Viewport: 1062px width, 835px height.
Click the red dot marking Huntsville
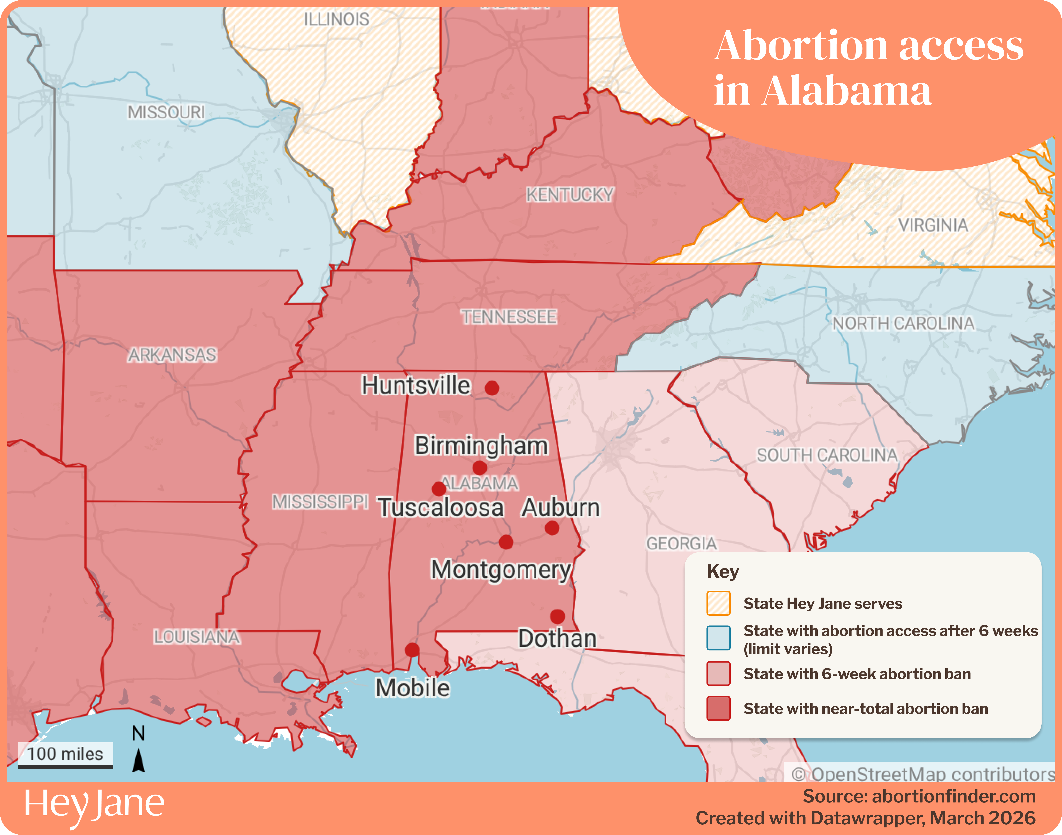492,388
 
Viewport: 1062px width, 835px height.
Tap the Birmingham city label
481,445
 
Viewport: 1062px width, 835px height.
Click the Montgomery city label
501,570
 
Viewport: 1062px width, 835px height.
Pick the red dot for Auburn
552,528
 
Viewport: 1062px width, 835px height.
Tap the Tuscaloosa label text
441,508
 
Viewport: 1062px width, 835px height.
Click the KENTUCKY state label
570,195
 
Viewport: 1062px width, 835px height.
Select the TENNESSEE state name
509,317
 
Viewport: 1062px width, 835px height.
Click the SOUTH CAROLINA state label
827,455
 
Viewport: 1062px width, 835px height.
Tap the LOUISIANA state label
196,637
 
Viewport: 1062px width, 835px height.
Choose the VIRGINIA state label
933,225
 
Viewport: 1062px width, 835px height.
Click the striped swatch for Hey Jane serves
718,603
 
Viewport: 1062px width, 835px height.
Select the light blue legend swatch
718,638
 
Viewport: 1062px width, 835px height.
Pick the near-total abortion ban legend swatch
718,708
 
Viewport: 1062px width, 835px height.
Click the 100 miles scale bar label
65,754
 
